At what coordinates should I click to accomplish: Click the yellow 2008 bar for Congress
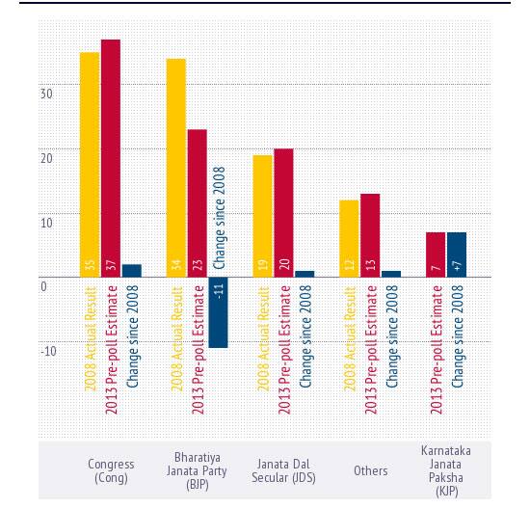pos(89,164)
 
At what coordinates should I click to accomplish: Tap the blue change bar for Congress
pos(132,270)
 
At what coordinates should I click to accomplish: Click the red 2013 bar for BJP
pos(198,202)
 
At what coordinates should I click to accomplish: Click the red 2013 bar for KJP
pos(436,254)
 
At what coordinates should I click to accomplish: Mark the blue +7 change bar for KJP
pos(457,254)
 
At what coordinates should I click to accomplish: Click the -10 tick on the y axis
pos(47,349)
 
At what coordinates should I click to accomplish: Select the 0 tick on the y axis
pos(43,286)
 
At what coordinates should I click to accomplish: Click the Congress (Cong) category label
pos(111,470)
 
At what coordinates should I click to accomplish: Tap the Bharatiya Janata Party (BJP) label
pos(198,470)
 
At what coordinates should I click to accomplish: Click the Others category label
pos(370,470)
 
